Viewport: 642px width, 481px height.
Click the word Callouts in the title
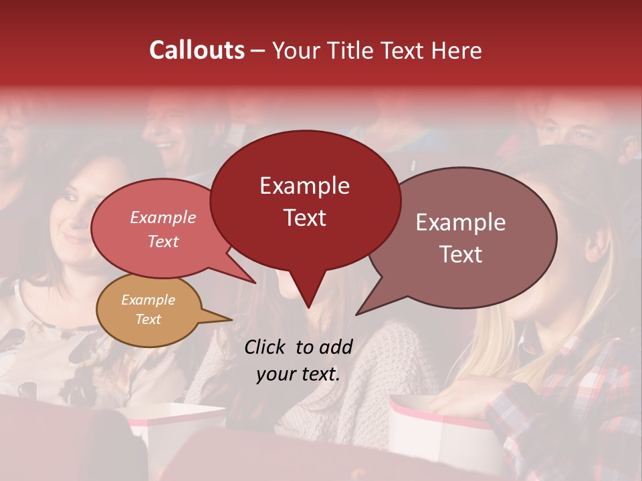[197, 50]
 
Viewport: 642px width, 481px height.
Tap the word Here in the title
[456, 50]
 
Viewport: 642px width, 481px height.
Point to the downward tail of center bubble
[308, 294]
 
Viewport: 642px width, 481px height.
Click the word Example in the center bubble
[304, 186]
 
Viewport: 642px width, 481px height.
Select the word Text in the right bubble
[461, 255]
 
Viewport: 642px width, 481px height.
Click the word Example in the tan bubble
[148, 300]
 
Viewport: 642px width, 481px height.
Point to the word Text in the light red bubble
[163, 242]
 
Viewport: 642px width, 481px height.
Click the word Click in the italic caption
[265, 347]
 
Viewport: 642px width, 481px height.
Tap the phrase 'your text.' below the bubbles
[298, 374]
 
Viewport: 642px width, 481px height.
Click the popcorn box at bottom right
[441, 434]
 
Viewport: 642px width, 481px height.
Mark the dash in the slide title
[259, 51]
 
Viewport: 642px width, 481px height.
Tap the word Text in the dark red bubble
[304, 218]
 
